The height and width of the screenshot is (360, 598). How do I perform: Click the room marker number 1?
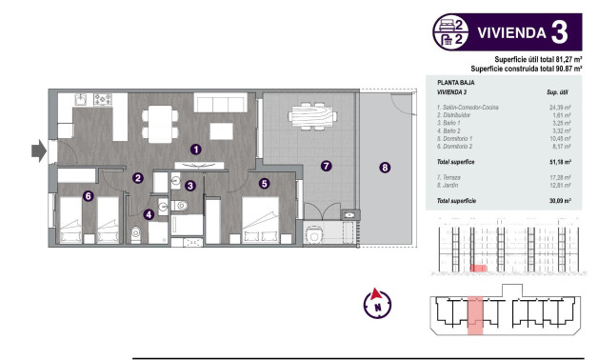[x=195, y=150]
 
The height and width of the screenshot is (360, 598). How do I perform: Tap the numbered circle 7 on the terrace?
[x=326, y=166]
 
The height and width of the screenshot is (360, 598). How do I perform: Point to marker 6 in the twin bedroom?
[x=88, y=197]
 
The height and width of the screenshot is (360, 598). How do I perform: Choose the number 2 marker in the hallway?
[x=138, y=178]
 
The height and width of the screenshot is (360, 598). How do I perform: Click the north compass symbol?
[x=378, y=304]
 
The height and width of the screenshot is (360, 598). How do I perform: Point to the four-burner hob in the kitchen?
[x=104, y=99]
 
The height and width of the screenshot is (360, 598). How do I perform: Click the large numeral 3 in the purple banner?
[x=560, y=31]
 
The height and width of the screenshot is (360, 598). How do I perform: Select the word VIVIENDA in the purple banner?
[x=509, y=31]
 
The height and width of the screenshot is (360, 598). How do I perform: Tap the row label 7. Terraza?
[x=450, y=178]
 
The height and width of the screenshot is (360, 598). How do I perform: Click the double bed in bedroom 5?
[x=260, y=220]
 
